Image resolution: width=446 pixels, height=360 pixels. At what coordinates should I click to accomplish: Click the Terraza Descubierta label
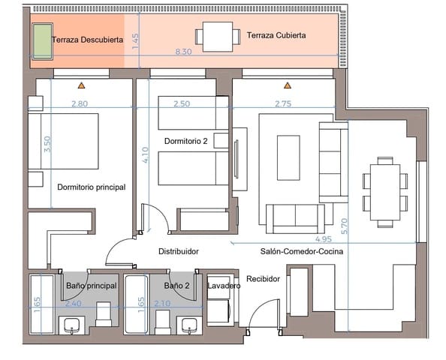point(88,39)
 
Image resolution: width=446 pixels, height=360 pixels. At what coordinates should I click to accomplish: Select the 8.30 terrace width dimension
point(182,52)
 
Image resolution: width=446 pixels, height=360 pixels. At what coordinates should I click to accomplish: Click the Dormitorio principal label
point(91,187)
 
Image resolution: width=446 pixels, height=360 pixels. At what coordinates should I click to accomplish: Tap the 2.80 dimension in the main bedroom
point(80,103)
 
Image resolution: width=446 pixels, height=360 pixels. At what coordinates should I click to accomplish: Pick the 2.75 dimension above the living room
point(282,103)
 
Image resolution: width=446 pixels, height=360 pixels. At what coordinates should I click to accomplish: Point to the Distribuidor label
point(178,252)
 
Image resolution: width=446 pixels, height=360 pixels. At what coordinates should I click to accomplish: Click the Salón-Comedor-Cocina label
point(302,252)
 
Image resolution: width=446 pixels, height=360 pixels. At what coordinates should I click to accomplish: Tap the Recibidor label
point(263,278)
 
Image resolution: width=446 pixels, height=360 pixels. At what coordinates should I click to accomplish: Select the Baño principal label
point(92,286)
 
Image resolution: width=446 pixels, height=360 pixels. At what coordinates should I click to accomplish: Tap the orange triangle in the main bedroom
point(80,86)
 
